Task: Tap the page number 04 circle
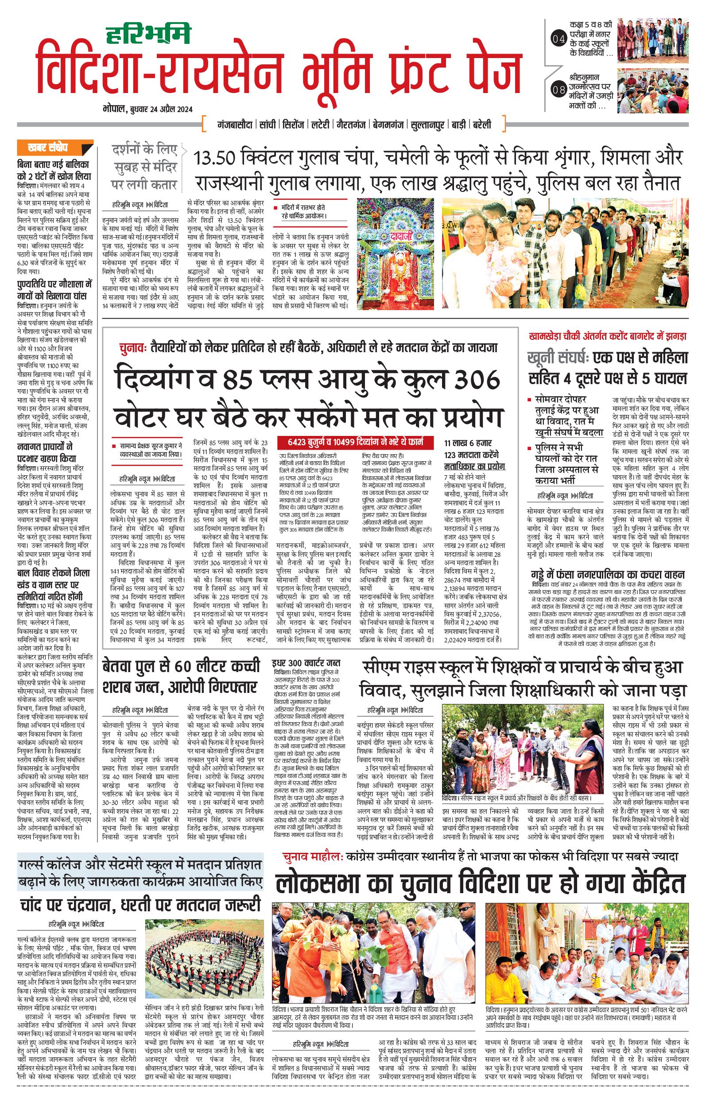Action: point(559,39)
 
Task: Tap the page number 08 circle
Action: point(559,90)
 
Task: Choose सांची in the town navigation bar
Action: point(268,124)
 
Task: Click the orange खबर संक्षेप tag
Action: point(55,148)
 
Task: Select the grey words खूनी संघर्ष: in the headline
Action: point(558,358)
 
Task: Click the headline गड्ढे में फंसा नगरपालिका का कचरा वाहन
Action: point(608,575)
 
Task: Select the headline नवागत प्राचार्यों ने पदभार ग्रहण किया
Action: point(47,453)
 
